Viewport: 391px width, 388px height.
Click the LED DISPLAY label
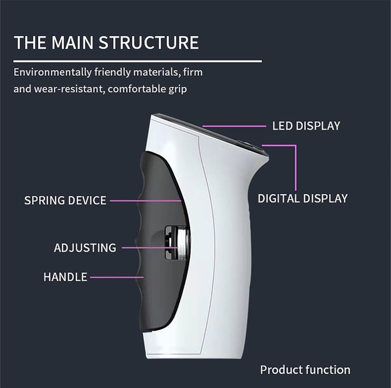click(x=306, y=126)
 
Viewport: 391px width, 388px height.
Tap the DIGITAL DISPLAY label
click(x=302, y=198)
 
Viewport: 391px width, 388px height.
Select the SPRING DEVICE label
click(x=65, y=200)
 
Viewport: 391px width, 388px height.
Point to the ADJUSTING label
click(x=85, y=248)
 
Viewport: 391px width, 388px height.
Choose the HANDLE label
click(x=65, y=277)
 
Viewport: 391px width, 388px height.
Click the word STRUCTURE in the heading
click(x=148, y=43)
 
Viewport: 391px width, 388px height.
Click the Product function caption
click(x=305, y=370)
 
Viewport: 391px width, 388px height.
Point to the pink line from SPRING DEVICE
click(x=145, y=201)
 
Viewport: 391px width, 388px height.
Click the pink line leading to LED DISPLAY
click(x=234, y=126)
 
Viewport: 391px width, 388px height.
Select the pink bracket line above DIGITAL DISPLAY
click(x=294, y=163)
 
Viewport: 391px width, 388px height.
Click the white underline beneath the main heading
click(x=137, y=61)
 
